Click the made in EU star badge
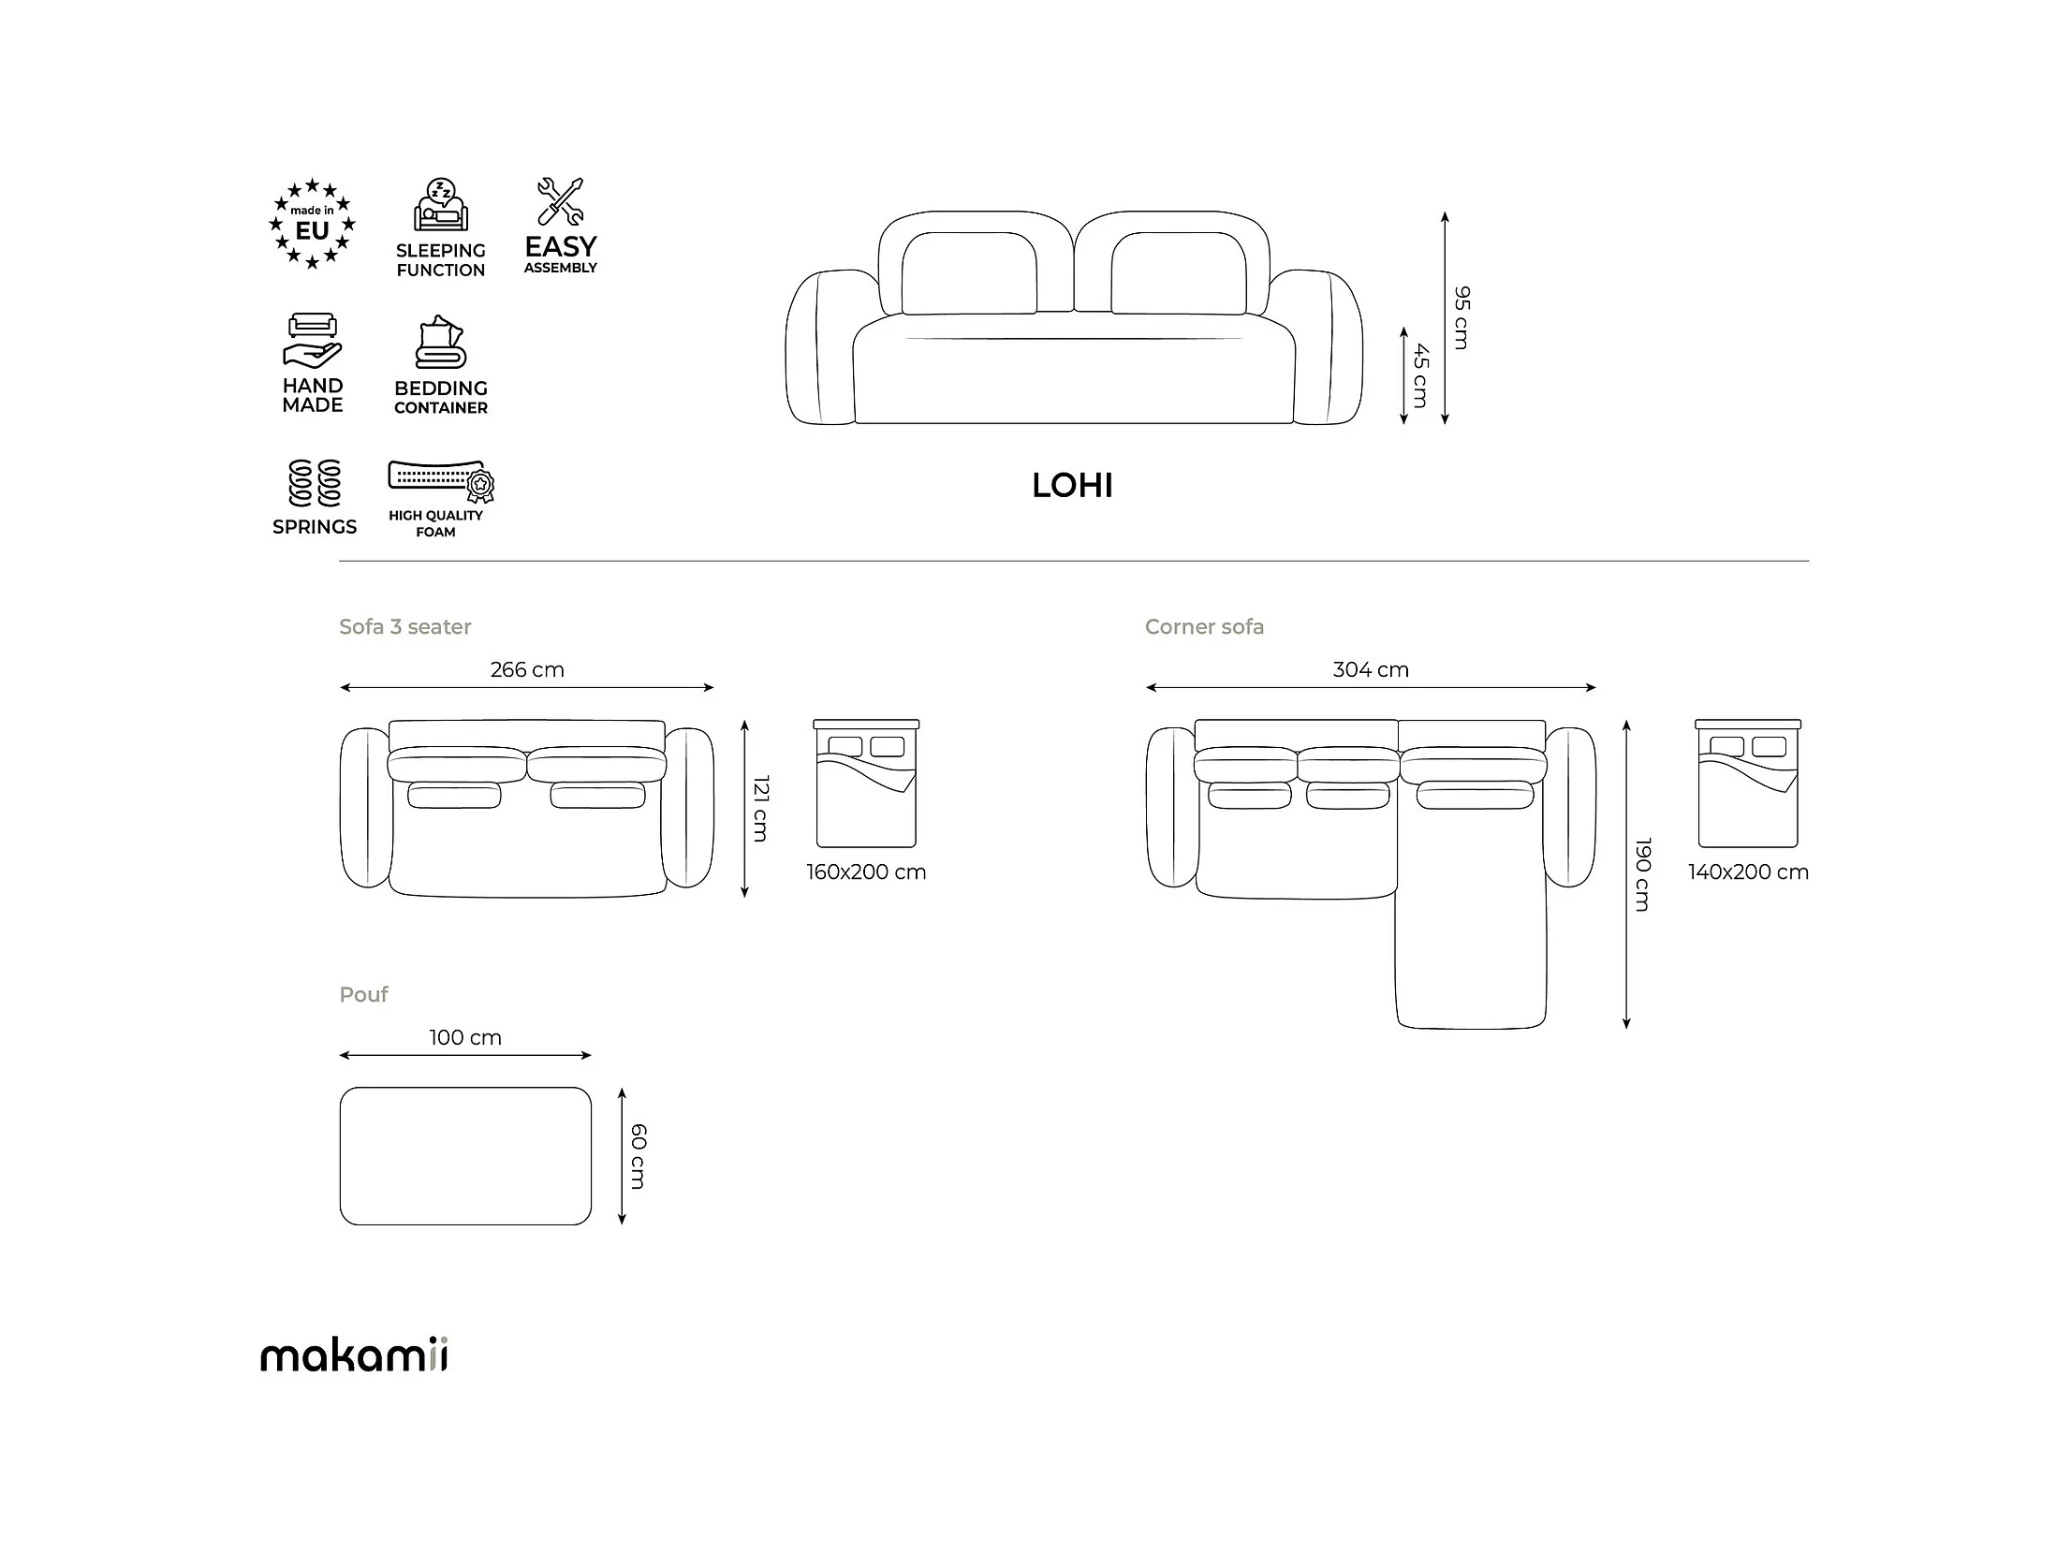pos(313,224)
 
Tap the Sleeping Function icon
pos(441,204)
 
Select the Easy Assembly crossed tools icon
pos(561,201)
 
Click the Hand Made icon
pos(313,341)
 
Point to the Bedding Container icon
pos(440,343)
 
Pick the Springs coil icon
pos(315,483)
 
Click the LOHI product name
pos(1072,486)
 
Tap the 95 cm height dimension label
pos(1461,318)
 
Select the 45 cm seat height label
pos(1420,375)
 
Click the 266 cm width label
pos(527,670)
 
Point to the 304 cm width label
pos(1371,670)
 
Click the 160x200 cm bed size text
pos(866,872)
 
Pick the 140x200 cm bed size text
pos(1748,872)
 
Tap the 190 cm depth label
pos(1642,874)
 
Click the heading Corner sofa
pos(1204,627)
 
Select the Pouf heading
pos(363,995)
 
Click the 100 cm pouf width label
pos(465,1038)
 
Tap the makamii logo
pos(354,1355)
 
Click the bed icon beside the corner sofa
pos(1748,784)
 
